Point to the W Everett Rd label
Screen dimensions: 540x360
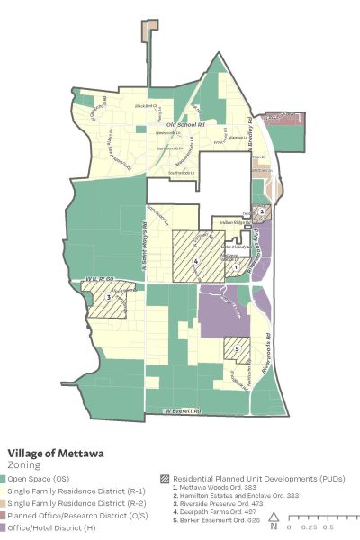(x=183, y=411)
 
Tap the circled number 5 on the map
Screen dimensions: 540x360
(x=237, y=349)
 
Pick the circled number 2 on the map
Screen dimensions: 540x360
(x=260, y=212)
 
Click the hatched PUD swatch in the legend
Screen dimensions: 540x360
(x=164, y=477)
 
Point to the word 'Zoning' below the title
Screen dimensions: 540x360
(x=25, y=466)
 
